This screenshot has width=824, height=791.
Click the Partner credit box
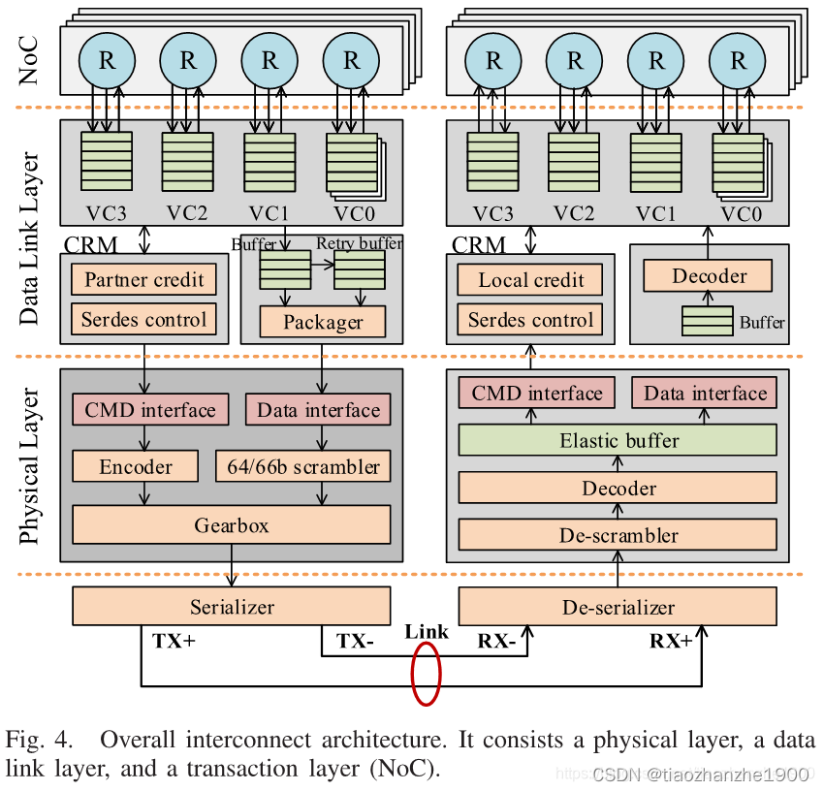point(143,280)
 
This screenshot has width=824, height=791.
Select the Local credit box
point(530,280)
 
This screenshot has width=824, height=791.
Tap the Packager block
point(323,322)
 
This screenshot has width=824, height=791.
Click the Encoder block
point(135,466)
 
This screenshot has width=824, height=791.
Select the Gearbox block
point(231,525)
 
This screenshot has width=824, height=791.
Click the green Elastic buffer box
point(618,440)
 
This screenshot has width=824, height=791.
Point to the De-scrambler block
point(618,534)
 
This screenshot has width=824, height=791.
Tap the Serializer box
point(232,608)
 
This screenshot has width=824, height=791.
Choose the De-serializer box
point(618,608)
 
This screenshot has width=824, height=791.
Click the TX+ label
point(174,641)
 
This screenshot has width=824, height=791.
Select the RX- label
point(498,641)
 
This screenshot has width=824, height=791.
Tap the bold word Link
point(427,632)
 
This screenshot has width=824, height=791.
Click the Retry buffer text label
point(359,243)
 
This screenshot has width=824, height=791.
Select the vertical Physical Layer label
point(30,466)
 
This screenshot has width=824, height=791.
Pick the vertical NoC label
point(30,59)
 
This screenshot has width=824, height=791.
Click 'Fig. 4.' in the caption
point(39,742)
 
